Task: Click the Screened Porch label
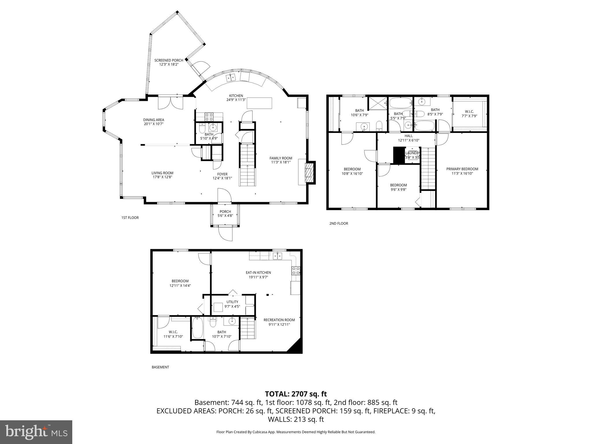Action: tap(169, 60)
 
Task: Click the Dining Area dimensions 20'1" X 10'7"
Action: tap(153, 124)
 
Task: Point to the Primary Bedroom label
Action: tap(462, 169)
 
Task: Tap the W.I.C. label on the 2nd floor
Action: tap(469, 112)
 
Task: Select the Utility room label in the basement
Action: tap(232, 302)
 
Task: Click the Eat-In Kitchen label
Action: tap(258, 272)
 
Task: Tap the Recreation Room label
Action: tap(279, 320)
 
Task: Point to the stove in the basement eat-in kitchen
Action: tap(295, 271)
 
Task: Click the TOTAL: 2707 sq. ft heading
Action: tap(296, 394)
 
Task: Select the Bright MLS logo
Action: tap(36, 432)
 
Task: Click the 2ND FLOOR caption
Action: tap(338, 223)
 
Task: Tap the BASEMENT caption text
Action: tap(160, 367)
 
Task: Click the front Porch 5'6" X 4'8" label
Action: tap(225, 212)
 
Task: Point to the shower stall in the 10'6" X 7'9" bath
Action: tap(377, 103)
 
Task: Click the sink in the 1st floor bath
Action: tap(213, 127)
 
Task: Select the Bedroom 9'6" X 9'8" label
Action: tap(398, 185)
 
